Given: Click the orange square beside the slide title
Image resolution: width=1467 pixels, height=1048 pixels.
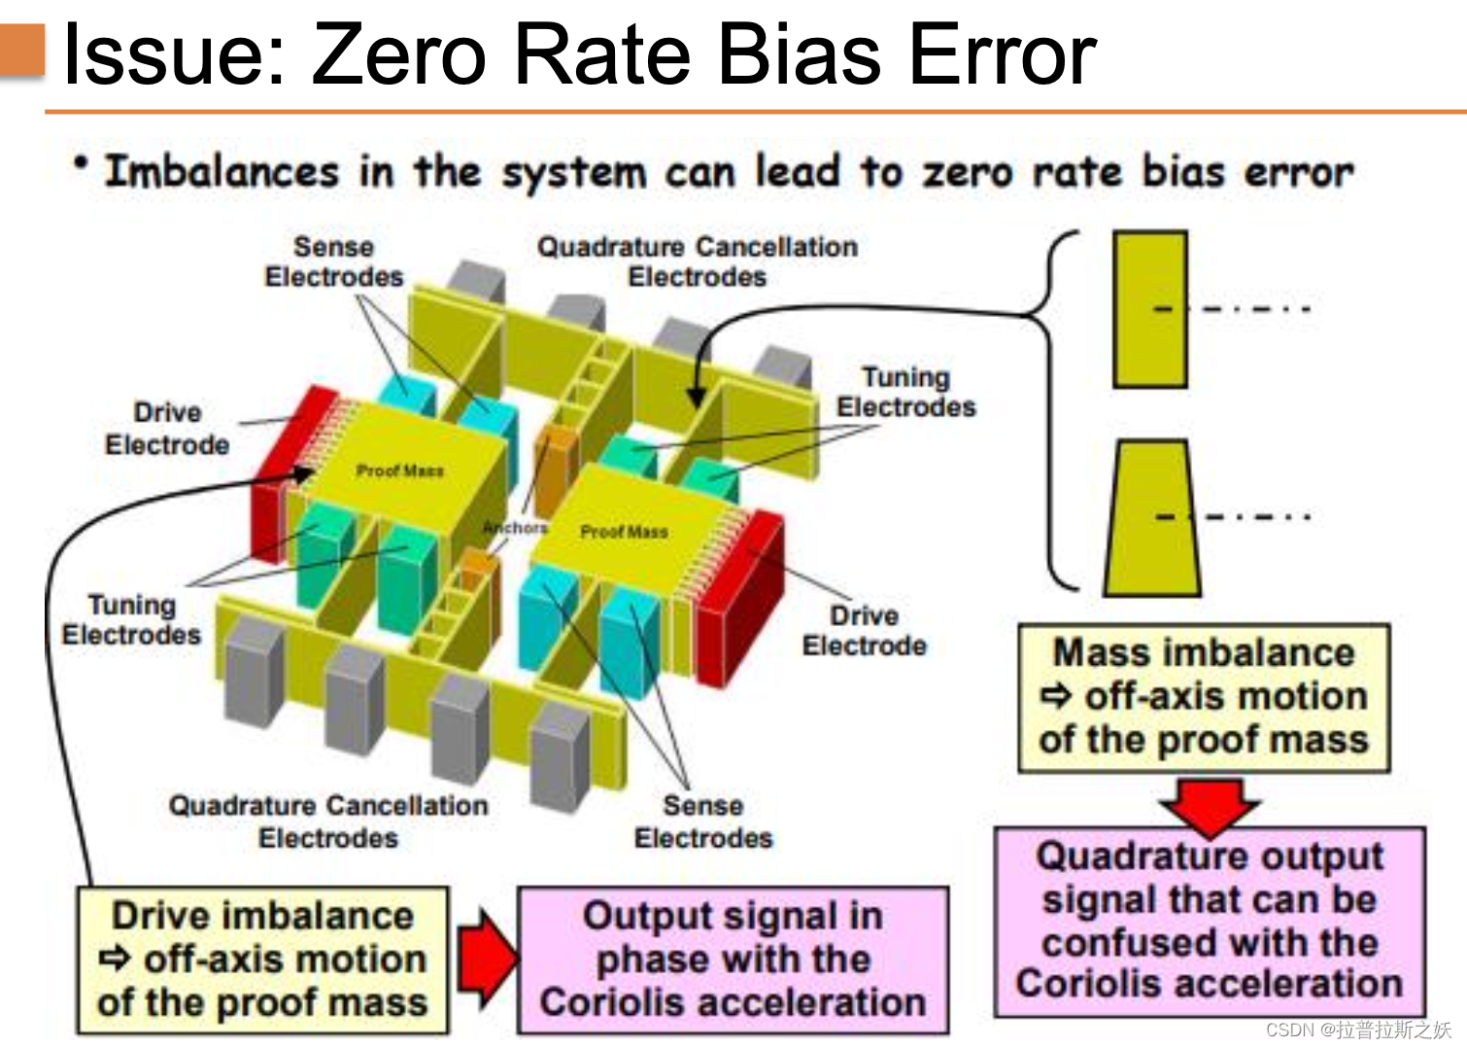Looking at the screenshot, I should (x=22, y=51).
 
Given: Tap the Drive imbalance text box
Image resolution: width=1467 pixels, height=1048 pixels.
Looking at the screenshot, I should (x=262, y=959).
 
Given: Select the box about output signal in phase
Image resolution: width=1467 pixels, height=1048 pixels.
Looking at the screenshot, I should (x=733, y=959).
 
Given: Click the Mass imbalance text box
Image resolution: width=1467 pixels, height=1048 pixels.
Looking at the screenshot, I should (x=1204, y=697).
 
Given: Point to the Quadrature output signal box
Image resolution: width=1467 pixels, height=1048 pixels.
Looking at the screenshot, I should (x=1210, y=920).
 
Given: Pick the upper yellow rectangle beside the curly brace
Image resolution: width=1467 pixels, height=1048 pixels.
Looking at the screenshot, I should (x=1150, y=309).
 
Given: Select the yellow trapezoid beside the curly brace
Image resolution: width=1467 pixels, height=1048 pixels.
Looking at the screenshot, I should (x=1151, y=517).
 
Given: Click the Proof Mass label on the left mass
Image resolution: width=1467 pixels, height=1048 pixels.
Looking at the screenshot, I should (x=399, y=471).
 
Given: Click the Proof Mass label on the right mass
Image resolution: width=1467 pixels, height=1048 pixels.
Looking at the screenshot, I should (x=624, y=532).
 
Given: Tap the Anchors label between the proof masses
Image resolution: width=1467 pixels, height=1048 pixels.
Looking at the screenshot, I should (x=516, y=527).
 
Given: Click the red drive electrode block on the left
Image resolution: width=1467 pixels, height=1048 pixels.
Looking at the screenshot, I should (x=277, y=476).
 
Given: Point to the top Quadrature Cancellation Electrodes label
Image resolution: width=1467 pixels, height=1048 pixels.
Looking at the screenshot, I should (x=698, y=262).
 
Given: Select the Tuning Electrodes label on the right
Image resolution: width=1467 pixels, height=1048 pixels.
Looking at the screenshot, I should (x=905, y=392).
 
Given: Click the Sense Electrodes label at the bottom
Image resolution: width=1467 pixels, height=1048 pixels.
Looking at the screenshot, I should (x=703, y=821).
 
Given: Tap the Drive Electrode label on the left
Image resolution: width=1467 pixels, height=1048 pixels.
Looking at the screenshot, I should (x=167, y=428).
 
